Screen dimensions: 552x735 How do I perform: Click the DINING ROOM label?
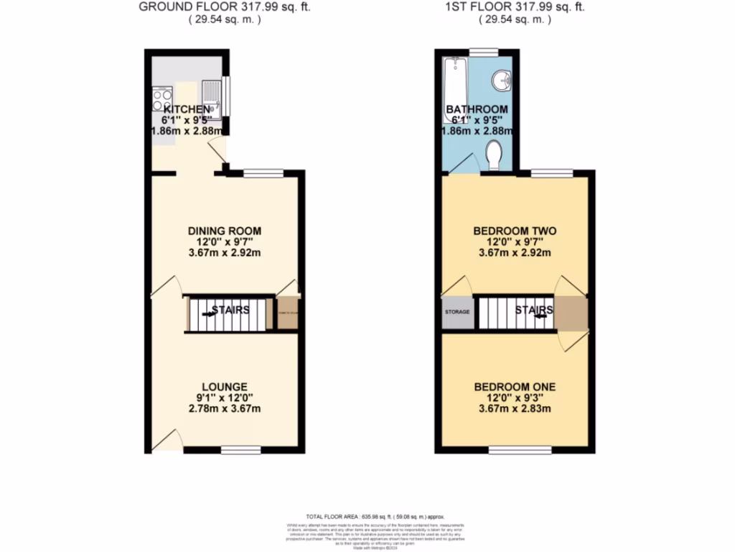(x=224, y=231)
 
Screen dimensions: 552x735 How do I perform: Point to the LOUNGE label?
(x=224, y=386)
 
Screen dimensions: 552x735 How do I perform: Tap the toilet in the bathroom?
(x=494, y=153)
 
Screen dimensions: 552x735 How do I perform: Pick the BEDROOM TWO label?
(x=515, y=231)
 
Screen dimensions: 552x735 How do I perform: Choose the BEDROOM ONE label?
(x=515, y=387)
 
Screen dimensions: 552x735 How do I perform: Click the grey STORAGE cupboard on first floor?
(x=457, y=313)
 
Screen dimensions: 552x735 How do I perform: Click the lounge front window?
(x=240, y=450)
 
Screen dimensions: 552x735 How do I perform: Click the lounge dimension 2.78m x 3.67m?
(x=224, y=409)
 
